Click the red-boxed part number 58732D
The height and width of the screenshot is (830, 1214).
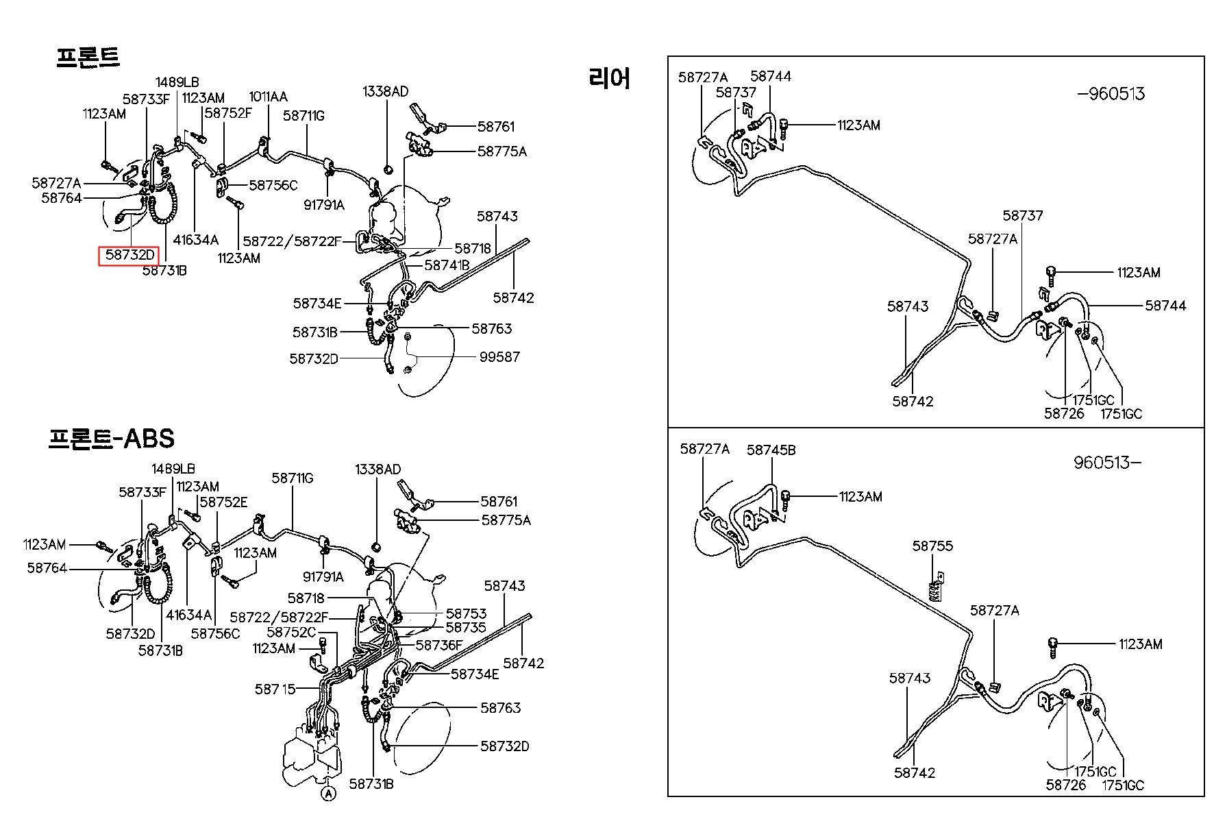[x=129, y=256]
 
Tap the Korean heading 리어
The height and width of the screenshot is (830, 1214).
[x=608, y=79]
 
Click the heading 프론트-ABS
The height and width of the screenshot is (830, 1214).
[x=112, y=438]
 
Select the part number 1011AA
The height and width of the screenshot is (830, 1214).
[x=268, y=97]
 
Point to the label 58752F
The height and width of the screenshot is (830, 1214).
[x=228, y=113]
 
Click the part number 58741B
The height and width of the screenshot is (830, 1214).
[x=447, y=265]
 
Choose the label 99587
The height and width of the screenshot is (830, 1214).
[x=499, y=356]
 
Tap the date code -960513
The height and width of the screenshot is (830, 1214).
[x=1111, y=94]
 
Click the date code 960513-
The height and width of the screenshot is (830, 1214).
[x=1107, y=463]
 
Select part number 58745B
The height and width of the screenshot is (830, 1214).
[x=771, y=450]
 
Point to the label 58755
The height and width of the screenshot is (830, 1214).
[x=932, y=546]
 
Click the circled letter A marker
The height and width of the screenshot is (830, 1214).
[x=329, y=794]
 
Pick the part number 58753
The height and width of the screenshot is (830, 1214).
[x=466, y=613]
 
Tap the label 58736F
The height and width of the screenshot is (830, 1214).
[x=439, y=645]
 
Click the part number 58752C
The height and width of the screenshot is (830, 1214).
[x=291, y=632]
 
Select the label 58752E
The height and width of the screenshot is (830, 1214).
[x=223, y=502]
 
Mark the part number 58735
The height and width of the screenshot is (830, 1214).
[x=466, y=627]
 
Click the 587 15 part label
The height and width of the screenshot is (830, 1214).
[x=275, y=689]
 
